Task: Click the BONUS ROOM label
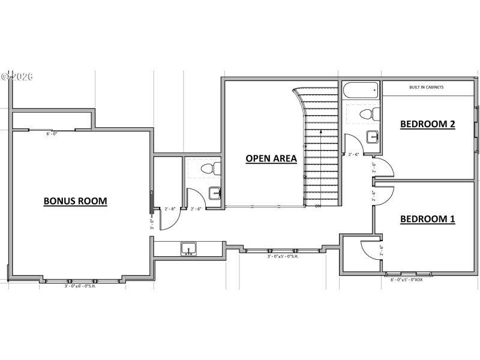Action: [75, 201]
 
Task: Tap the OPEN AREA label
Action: [271, 158]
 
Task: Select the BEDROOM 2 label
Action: [427, 124]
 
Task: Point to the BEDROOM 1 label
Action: [427, 219]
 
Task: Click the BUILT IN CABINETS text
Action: [426, 88]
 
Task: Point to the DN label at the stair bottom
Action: [318, 206]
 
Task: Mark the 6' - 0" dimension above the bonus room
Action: [52, 134]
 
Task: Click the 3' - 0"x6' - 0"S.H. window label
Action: [81, 286]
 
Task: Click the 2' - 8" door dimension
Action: [170, 209]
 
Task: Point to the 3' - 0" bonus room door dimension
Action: [152, 224]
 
